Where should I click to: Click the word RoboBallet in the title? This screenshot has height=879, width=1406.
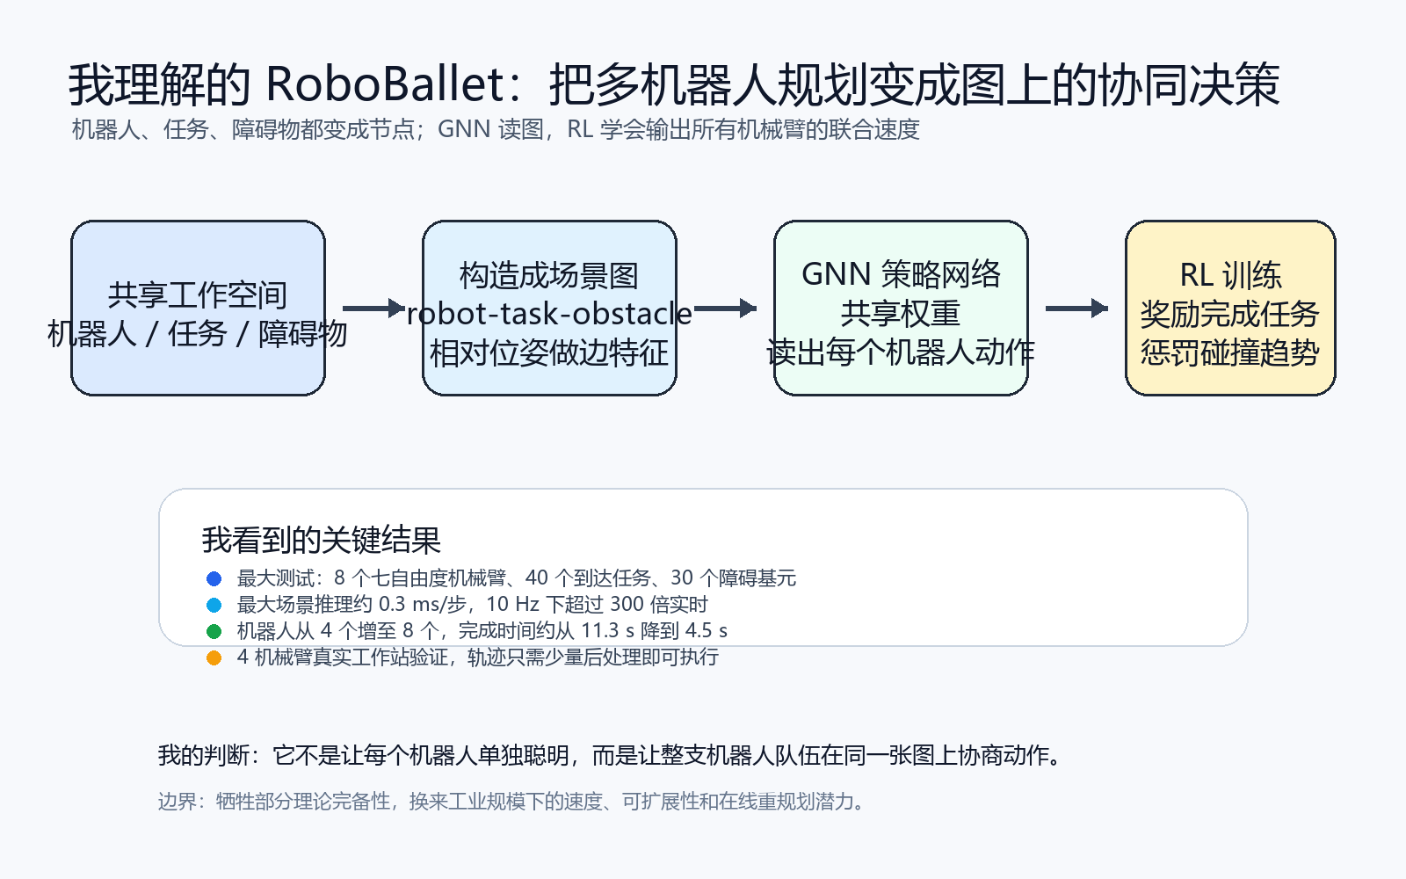[x=385, y=84]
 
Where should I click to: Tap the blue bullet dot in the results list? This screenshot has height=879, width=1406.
[x=214, y=578]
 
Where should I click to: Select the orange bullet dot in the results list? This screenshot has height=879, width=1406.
[x=214, y=658]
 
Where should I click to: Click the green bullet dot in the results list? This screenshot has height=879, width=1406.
[x=214, y=631]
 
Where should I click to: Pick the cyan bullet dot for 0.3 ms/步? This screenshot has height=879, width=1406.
[x=214, y=606]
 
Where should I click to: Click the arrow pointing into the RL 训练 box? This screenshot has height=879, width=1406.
[x=1076, y=309]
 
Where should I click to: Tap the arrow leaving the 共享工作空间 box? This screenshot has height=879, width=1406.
[x=373, y=309]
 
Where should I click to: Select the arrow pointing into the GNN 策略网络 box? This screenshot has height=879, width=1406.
[x=725, y=309]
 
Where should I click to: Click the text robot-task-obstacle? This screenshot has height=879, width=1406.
[x=549, y=314]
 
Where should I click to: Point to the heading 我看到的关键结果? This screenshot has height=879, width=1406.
[x=322, y=540]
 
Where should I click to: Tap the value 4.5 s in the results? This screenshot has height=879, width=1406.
[x=707, y=630]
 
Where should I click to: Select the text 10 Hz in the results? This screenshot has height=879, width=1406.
[x=512, y=604]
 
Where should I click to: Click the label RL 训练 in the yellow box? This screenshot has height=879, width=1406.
[x=1230, y=275]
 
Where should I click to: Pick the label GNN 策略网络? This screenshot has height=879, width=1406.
[x=901, y=274]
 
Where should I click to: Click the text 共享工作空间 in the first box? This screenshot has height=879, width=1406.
[x=198, y=295]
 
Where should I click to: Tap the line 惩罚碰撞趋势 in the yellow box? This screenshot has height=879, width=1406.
[x=1230, y=352]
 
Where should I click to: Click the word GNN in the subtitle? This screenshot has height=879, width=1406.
[x=464, y=129]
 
